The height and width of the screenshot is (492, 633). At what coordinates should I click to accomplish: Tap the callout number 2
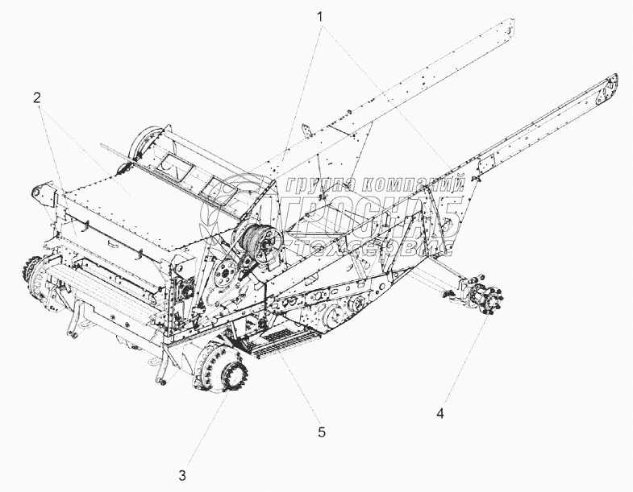pyautogui.click(x=37, y=97)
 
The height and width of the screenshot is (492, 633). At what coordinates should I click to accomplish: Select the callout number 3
pyautogui.click(x=182, y=473)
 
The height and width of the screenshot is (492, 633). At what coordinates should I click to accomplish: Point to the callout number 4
pyautogui.click(x=439, y=414)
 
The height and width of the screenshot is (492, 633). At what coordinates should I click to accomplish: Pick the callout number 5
pyautogui.click(x=321, y=432)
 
